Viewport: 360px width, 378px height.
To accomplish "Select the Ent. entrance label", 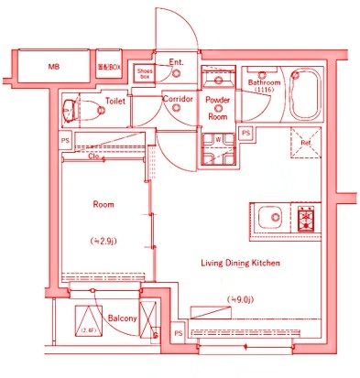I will tap(177, 62).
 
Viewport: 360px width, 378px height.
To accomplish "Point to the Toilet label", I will tap(115, 102).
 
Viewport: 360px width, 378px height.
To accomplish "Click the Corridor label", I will tap(176, 98).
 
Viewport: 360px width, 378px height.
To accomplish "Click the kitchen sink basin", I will tap(270, 218).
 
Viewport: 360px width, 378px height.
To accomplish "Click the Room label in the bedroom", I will tap(102, 205).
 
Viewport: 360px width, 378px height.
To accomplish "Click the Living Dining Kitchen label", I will tap(240, 263).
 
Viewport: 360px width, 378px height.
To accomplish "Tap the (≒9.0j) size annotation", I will tap(240, 298).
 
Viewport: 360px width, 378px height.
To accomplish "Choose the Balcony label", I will tap(122, 318).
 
